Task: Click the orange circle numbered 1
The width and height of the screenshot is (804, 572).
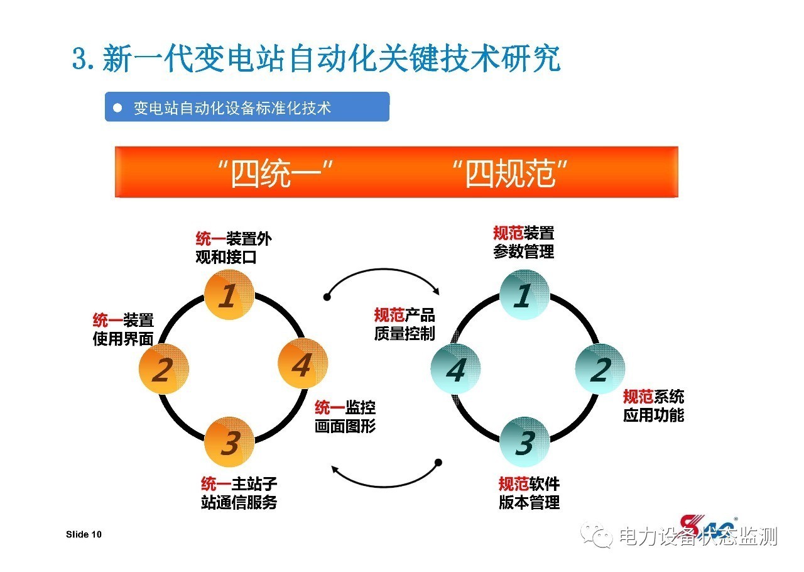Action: pyautogui.click(x=229, y=294)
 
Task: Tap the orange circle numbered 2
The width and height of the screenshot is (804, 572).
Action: pyautogui.click(x=163, y=369)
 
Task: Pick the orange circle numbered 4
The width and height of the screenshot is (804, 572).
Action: pyautogui.click(x=302, y=364)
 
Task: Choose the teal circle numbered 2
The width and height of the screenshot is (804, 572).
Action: pyautogui.click(x=600, y=369)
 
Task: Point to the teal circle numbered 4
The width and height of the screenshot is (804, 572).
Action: pyautogui.click(x=456, y=369)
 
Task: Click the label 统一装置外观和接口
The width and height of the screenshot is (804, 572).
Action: pyautogui.click(x=234, y=248)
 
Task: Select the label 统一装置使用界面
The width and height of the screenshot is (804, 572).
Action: pyautogui.click(x=123, y=329)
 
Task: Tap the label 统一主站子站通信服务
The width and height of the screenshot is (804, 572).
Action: pyautogui.click(x=239, y=493)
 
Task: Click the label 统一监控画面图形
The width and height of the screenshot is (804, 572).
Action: pyautogui.click(x=345, y=416)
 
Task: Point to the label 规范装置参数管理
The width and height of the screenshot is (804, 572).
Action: pyautogui.click(x=524, y=242)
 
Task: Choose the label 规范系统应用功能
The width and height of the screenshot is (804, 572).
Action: pyautogui.click(x=653, y=405)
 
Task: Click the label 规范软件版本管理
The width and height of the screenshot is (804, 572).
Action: pyautogui.click(x=529, y=493)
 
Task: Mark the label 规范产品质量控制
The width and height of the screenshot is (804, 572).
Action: pyautogui.click(x=405, y=324)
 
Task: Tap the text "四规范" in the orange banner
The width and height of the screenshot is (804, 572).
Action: pyautogui.click(x=510, y=173)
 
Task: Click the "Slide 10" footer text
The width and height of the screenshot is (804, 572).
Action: pyautogui.click(x=84, y=534)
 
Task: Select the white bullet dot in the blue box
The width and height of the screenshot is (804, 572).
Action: pyautogui.click(x=117, y=108)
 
